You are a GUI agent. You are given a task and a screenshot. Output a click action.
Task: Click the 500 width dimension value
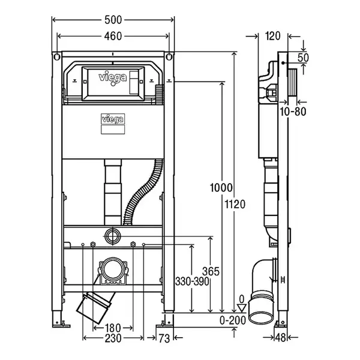[x=113, y=20]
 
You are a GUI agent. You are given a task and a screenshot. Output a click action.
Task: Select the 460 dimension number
[x=113, y=36]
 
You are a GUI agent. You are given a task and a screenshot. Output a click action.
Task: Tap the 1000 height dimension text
[x=221, y=188]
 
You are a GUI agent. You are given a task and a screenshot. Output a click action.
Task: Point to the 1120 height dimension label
[x=235, y=204]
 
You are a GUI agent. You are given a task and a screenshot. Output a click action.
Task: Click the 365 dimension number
[x=211, y=272]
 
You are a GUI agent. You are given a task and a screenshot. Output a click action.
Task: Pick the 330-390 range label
[x=192, y=281]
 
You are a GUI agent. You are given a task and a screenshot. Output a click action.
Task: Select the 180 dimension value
[x=113, y=328]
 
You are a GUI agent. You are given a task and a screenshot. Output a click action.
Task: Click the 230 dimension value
[x=113, y=338]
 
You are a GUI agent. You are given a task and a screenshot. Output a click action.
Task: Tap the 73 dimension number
[x=164, y=338]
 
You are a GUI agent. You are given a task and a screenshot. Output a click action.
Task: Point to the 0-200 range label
[x=233, y=320]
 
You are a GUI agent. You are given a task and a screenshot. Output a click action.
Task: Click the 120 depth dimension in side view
[x=272, y=36]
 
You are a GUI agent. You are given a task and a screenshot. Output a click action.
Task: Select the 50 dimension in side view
[x=303, y=58]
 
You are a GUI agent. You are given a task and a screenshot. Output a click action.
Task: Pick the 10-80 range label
[x=293, y=112]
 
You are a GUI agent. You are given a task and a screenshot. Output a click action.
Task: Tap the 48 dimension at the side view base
[x=281, y=337]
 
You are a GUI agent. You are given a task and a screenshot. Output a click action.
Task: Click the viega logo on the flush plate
[x=113, y=79]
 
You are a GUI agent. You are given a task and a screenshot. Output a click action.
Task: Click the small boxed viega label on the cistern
[x=113, y=119]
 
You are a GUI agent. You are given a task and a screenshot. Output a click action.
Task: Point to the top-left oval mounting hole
[x=57, y=56]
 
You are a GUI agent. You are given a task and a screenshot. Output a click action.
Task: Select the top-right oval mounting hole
[x=169, y=56]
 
